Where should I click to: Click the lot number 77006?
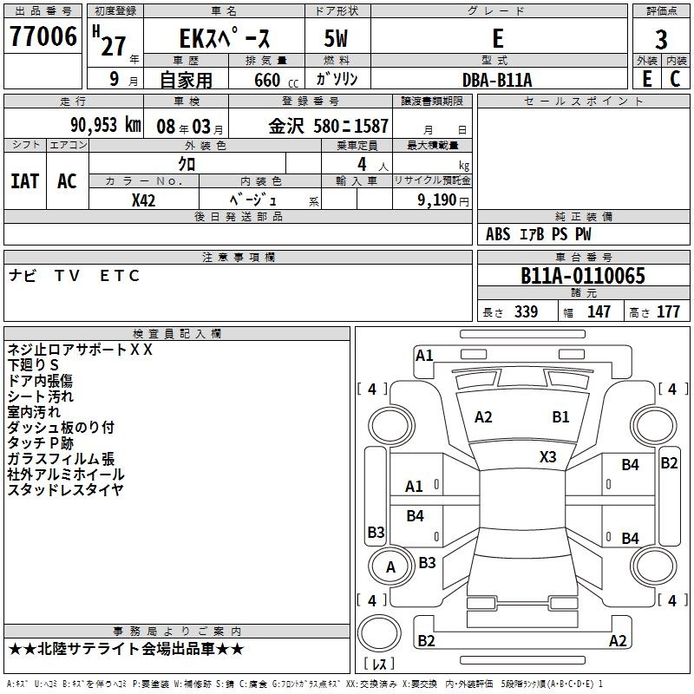pyautogui.click(x=43, y=36)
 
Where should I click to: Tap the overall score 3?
pyautogui.click(x=661, y=39)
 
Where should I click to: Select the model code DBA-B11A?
pyautogui.click(x=497, y=80)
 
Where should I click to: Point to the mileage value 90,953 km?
pyautogui.click(x=106, y=125)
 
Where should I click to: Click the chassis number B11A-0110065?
pyautogui.click(x=583, y=276)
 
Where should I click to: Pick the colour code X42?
pyautogui.click(x=143, y=200)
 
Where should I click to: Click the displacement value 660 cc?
pyautogui.click(x=277, y=80)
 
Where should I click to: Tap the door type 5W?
pyautogui.click(x=336, y=38)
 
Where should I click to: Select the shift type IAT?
pyautogui.click(x=25, y=181)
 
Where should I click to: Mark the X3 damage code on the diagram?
pyautogui.click(x=547, y=456)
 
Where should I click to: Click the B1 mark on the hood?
pyautogui.click(x=560, y=417)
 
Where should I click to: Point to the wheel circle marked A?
pyautogui.click(x=390, y=566)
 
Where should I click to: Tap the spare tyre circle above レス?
pyautogui.click(x=379, y=633)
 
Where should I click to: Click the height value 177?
pyautogui.click(x=668, y=311)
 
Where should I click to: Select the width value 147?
pyautogui.click(x=599, y=311)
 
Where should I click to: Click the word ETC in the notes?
pyautogui.click(x=120, y=276)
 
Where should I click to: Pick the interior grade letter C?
pyautogui.click(x=675, y=79)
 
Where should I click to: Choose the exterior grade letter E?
pyautogui.click(x=647, y=79)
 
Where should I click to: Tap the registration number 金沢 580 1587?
pyautogui.click(x=329, y=126)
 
